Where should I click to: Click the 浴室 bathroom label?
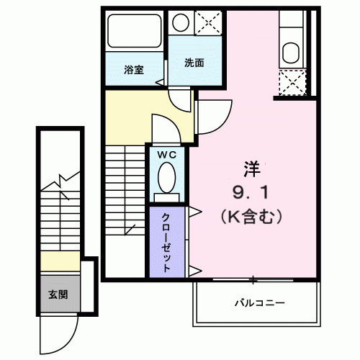[133, 70]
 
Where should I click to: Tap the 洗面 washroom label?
[194, 63]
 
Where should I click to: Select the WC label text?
[167, 153]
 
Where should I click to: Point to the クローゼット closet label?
[166, 242]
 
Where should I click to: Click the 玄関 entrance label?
[58, 294]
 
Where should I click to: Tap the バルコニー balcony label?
[258, 303]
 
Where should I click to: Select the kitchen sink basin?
[291, 53]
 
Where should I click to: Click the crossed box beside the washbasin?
[210, 22]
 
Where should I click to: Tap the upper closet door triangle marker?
[194, 211]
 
